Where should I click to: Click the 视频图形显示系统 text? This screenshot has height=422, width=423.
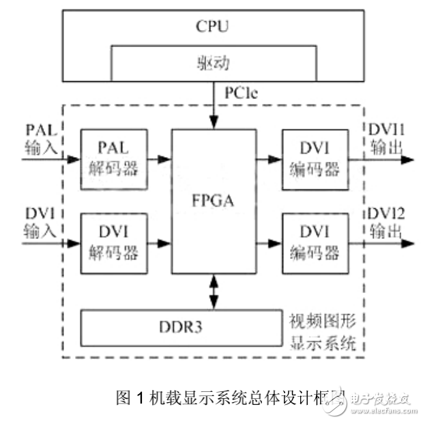click(x=321, y=329)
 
